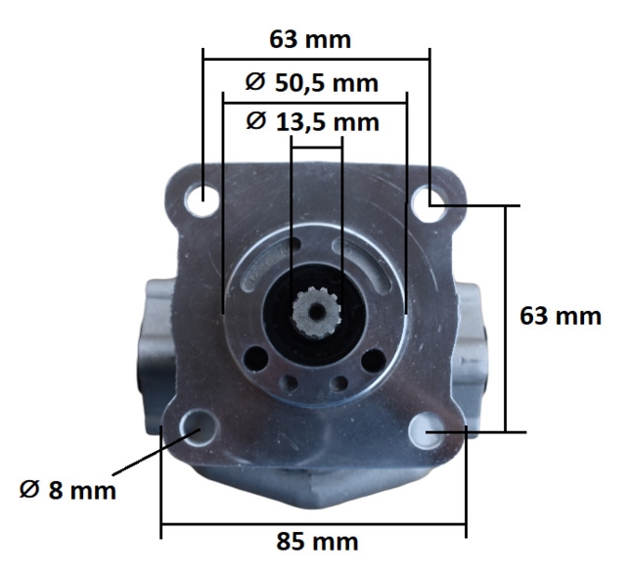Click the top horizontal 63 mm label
pos(310,40)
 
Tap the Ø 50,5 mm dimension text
pos(311,83)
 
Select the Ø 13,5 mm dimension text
pos(312,121)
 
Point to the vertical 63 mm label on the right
pos(561,316)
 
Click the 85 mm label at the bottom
pos(317,542)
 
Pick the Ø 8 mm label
pos(67,490)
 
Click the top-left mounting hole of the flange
pos(202,199)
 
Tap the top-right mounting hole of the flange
pos(428,204)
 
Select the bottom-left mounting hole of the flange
pos(200,427)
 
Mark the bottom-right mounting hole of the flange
pos(427,430)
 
